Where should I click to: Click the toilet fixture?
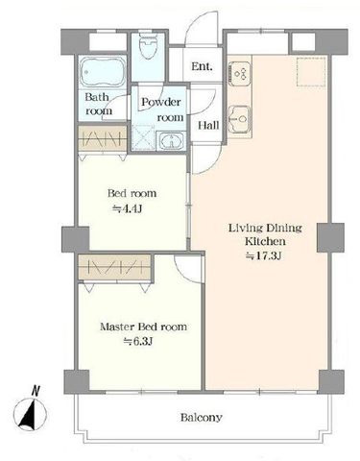pos(149,46)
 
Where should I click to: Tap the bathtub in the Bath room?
pos(103,72)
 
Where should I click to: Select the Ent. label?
pos(202,66)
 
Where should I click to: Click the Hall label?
pos(208,125)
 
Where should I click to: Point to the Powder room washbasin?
pos(172,140)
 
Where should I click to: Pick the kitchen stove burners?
pos(240,74)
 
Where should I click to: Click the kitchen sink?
pos(240,118)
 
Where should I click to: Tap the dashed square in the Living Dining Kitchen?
pos(311,72)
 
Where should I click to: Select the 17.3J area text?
pos(263,256)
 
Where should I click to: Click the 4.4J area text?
pos(127,209)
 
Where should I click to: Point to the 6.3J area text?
pos(138,342)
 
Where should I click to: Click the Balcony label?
pos(201,418)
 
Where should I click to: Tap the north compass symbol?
pos(30,415)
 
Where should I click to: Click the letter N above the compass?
pos(36,391)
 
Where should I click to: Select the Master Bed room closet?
pos(114,268)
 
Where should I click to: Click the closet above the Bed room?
pos(103,138)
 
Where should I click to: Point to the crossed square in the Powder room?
pos(143,138)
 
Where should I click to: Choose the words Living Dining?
pos(265,228)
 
